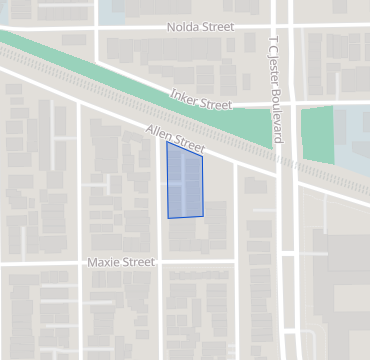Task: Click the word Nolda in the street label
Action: pos(183,27)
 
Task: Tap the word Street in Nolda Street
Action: pos(217,27)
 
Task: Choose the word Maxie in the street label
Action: pos(103,263)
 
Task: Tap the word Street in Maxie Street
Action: pos(137,263)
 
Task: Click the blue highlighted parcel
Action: pos(185,182)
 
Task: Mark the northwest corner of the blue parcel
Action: pos(166,142)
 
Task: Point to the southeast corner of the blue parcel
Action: pos(203,215)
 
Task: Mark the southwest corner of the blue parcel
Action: pos(168,217)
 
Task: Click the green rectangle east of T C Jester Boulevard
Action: pos(317,134)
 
